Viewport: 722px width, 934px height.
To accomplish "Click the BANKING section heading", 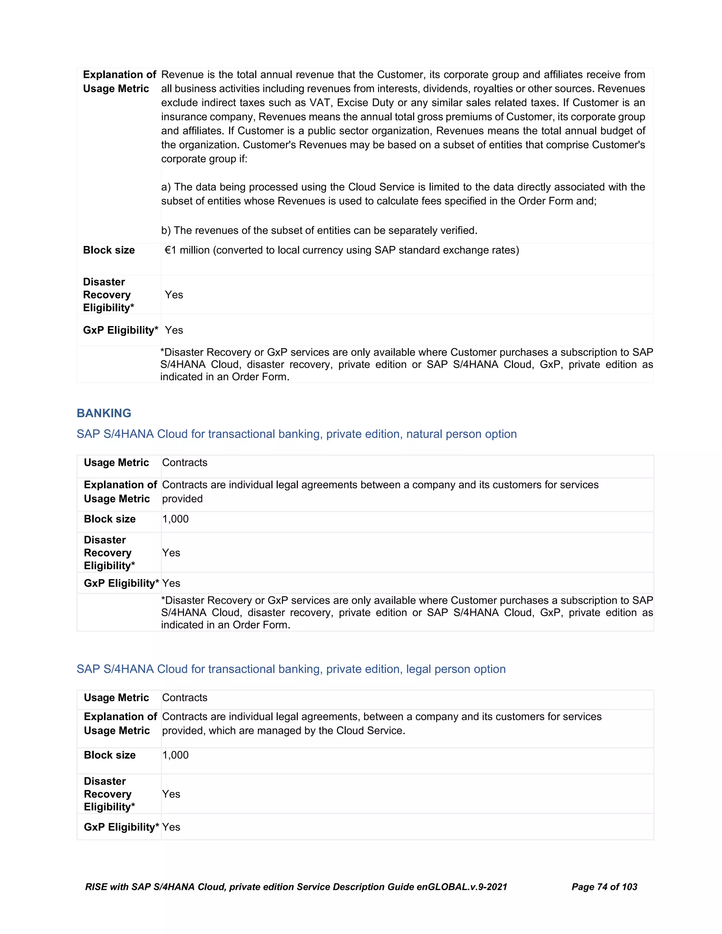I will coord(104,413).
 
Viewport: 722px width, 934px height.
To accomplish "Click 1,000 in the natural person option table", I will coord(175,519).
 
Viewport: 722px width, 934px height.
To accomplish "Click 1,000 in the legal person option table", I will coord(175,755).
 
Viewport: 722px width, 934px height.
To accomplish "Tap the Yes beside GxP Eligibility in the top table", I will coord(174,330).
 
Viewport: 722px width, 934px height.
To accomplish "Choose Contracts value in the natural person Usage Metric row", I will coord(185,463).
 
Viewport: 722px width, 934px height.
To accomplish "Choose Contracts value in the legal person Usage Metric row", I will coord(185,698).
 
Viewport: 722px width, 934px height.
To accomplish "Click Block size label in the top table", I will coord(109,250).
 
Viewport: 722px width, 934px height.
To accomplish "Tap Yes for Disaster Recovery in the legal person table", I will coord(171,794).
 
